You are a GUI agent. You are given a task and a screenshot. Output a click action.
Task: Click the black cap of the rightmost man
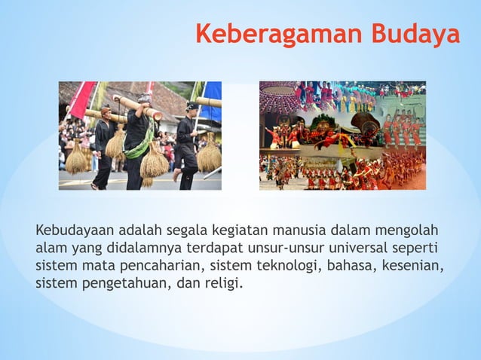point(191,106)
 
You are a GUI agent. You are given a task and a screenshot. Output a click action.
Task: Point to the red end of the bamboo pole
point(157,114)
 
